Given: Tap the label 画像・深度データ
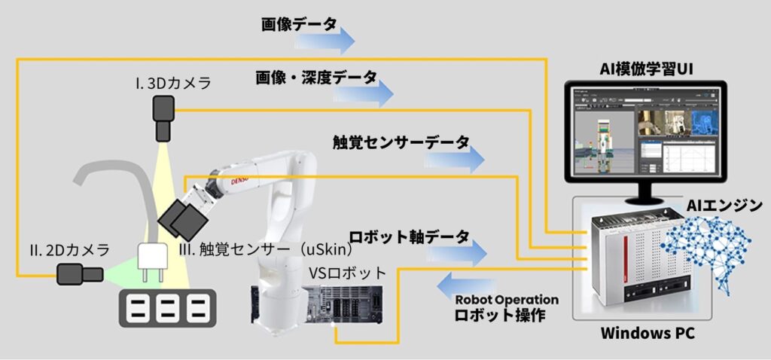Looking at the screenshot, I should tap(315, 78).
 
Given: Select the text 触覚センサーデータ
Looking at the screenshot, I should tap(401, 142).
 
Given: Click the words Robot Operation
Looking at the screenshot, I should tap(507, 300).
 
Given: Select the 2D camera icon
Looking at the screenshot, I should tap(81, 275).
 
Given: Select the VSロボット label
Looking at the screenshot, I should tap(348, 273).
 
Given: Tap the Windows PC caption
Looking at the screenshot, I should tap(643, 334).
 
